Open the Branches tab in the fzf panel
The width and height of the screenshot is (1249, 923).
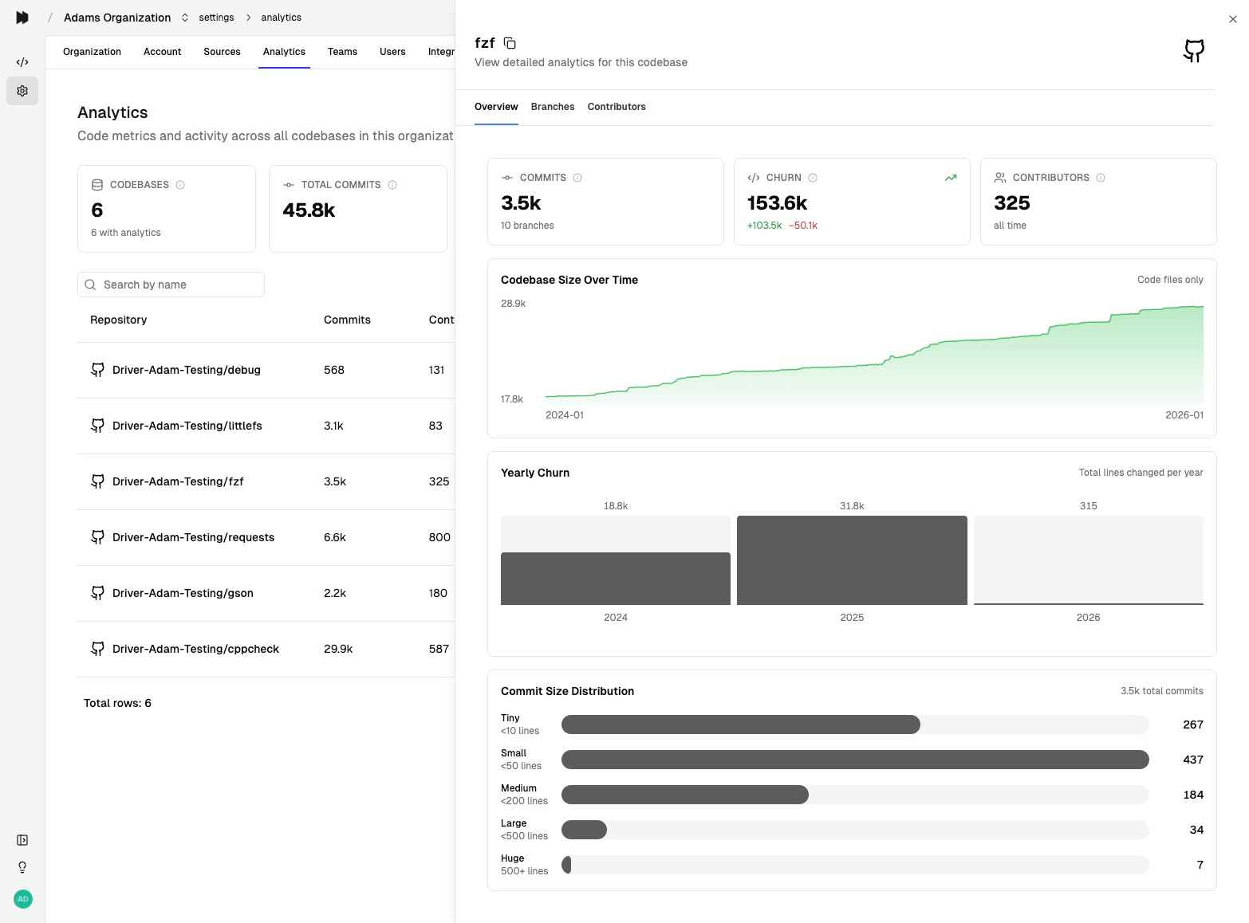(552, 107)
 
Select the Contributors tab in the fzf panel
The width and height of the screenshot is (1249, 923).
(616, 107)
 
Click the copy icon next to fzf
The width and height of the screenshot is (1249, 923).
(510, 43)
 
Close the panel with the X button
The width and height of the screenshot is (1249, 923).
(1232, 19)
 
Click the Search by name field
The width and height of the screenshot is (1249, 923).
(171, 285)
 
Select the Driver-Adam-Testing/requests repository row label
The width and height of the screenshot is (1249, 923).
(193, 537)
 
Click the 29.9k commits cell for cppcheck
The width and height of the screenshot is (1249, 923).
(338, 649)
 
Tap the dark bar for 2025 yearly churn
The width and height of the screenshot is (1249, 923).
(851, 560)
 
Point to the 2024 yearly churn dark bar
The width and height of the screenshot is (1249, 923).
(615, 579)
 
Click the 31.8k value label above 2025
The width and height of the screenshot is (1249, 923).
(851, 506)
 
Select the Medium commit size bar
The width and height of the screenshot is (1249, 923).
(684, 795)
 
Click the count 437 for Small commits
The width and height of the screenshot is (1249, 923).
(1192, 760)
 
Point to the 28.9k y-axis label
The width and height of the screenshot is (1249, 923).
(513, 304)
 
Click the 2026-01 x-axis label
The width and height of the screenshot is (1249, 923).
(1184, 415)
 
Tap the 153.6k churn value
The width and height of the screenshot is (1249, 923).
(777, 203)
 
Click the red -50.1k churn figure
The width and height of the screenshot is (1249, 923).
(802, 226)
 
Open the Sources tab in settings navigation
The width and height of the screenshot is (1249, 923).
(222, 52)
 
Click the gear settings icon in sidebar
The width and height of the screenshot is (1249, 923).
(22, 91)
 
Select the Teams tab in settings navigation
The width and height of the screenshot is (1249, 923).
(342, 52)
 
